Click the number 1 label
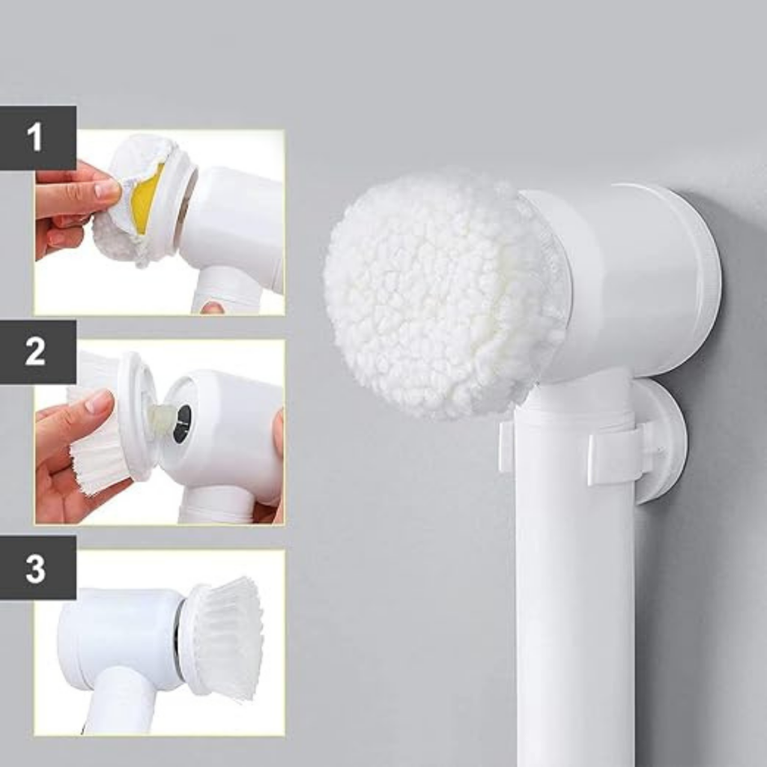(x=34, y=137)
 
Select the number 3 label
(x=35, y=568)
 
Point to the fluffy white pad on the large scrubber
(x=440, y=294)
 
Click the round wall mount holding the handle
(x=661, y=440)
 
